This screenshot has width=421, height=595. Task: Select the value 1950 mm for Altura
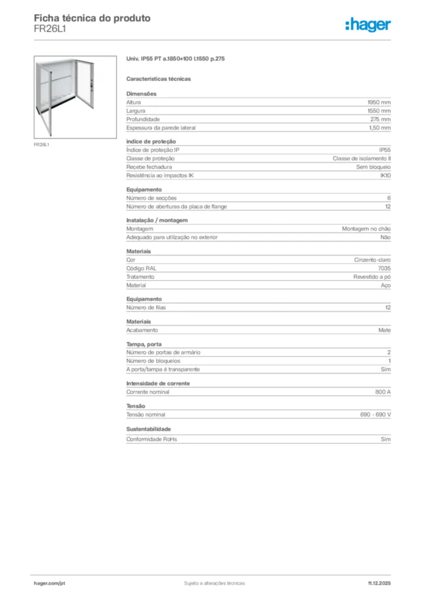click(x=379, y=102)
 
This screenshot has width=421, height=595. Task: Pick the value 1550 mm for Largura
click(x=379, y=110)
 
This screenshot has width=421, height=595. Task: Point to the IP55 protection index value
click(x=385, y=150)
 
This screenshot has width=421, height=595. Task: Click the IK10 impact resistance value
click(x=385, y=175)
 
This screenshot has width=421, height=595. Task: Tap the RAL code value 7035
click(x=384, y=268)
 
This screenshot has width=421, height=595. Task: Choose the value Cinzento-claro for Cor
click(x=373, y=260)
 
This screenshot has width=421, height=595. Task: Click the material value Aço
click(x=386, y=285)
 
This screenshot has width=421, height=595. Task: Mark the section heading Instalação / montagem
click(x=157, y=220)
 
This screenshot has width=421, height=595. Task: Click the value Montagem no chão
click(x=366, y=229)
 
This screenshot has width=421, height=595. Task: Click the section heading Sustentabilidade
click(x=149, y=429)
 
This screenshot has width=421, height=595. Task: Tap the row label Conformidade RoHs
click(x=152, y=439)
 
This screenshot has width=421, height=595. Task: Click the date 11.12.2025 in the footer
click(x=379, y=583)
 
